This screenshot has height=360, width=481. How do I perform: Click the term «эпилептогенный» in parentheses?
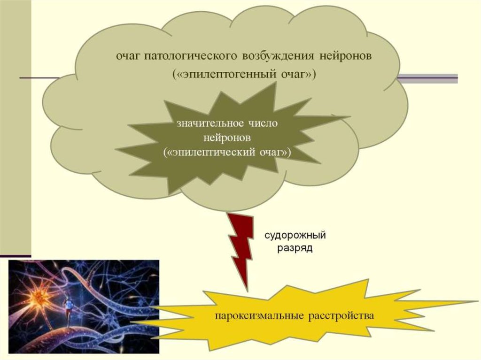229,75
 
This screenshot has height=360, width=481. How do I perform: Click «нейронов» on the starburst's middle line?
229,138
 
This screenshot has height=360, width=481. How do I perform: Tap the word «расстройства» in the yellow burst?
341,315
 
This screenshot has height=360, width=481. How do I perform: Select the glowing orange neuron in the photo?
35,296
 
